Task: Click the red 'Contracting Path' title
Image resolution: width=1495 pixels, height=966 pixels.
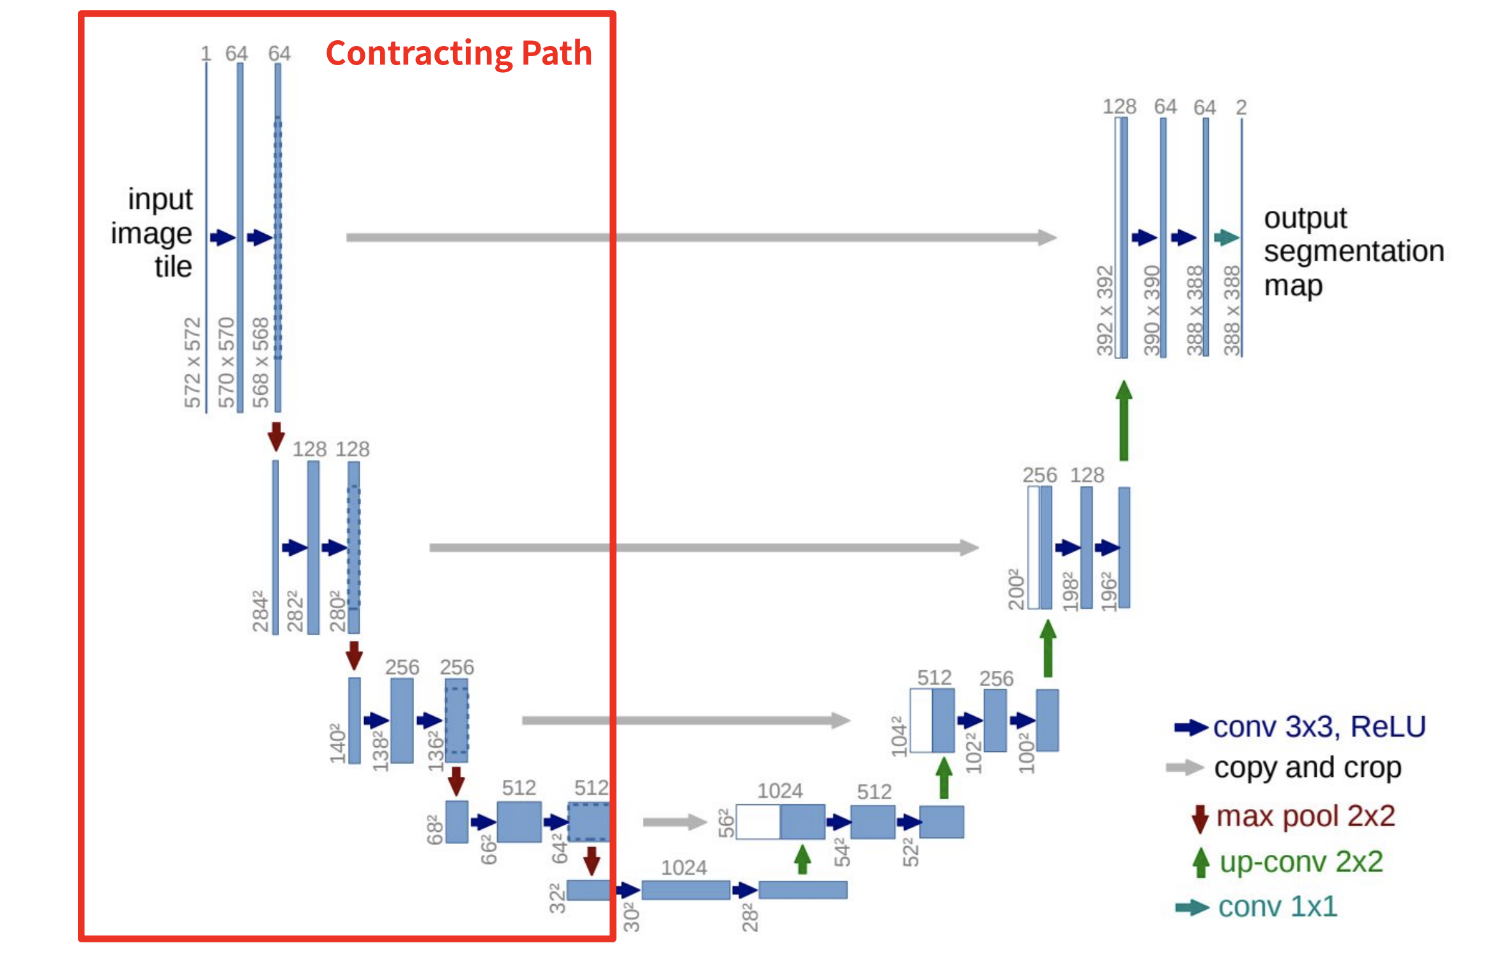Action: (459, 53)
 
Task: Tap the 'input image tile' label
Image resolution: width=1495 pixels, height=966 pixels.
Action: (153, 233)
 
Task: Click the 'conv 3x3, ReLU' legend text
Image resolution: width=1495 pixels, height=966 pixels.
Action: (1319, 727)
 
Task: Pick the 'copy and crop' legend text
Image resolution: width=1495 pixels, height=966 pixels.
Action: (1307, 767)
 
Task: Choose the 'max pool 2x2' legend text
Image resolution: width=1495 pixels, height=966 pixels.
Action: (1305, 816)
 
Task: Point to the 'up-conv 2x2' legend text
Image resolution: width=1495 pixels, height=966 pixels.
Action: (1301, 862)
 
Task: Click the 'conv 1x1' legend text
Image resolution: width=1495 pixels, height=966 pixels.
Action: (1277, 907)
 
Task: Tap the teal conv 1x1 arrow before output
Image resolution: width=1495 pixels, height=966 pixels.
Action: (1226, 238)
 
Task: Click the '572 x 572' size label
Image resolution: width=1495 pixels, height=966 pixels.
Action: (192, 362)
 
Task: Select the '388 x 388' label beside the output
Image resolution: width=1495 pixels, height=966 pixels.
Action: (1232, 310)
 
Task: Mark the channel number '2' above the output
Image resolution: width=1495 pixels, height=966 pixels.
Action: (1241, 107)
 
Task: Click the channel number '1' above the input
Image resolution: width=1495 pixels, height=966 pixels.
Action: (206, 54)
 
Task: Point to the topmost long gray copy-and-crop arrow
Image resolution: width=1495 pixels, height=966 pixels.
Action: (700, 238)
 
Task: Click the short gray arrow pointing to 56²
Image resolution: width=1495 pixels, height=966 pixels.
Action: (674, 822)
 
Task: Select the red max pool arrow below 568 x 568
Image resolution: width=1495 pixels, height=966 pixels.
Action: (276, 436)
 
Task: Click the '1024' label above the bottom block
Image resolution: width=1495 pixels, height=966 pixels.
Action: (684, 868)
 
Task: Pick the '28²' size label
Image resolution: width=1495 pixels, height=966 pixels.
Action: (750, 917)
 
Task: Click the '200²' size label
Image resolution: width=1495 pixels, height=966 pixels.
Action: (1016, 588)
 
